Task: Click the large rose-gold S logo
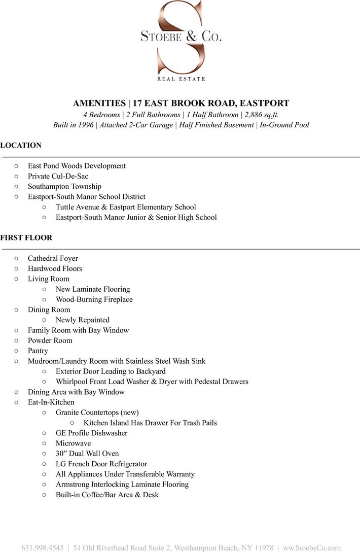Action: click(x=181, y=38)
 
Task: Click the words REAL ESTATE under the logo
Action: click(x=181, y=79)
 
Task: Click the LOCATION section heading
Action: click(x=21, y=145)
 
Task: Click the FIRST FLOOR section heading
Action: click(x=26, y=237)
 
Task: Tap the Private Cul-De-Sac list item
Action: click(x=58, y=176)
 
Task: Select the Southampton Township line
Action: click(x=64, y=186)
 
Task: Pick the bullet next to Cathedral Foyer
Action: click(x=16, y=258)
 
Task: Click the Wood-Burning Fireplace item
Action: click(x=94, y=299)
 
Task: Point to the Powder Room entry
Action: click(x=50, y=340)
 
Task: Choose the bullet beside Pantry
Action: click(x=16, y=351)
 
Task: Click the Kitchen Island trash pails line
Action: click(x=150, y=423)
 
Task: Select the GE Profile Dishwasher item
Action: click(x=91, y=433)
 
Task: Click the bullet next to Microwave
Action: click(x=44, y=443)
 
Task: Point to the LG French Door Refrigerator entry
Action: click(x=101, y=464)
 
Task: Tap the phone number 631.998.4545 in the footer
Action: click(x=43, y=548)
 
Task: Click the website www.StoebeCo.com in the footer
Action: click(x=312, y=548)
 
